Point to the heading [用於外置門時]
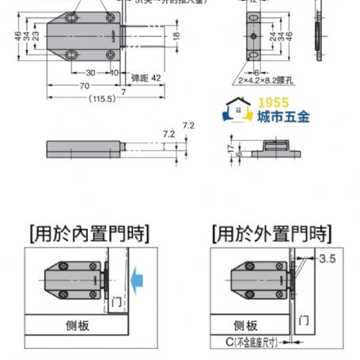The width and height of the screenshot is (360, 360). (x=270, y=233)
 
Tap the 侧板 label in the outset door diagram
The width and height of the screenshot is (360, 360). (x=245, y=324)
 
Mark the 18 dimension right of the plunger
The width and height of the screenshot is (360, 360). (x=176, y=35)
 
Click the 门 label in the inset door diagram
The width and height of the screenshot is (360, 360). (x=116, y=301)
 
